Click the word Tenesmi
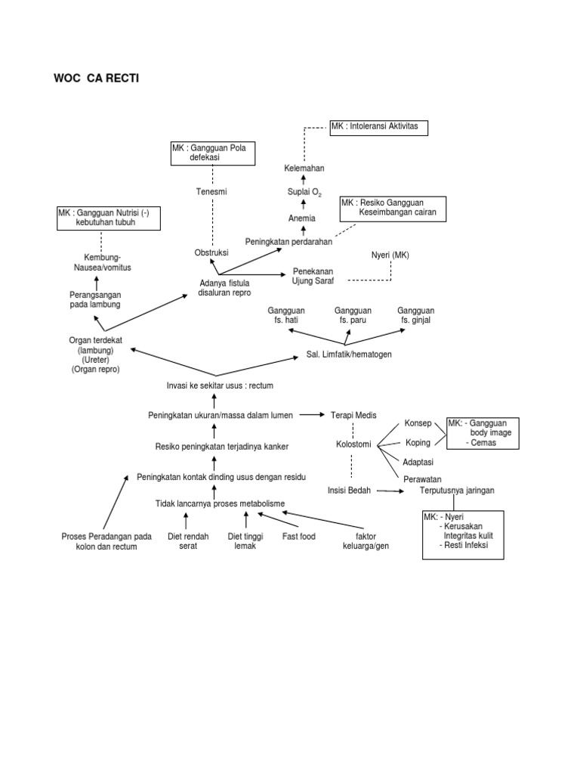(x=211, y=192)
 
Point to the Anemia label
(x=302, y=218)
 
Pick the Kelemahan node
(x=304, y=167)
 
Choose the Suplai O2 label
(x=304, y=193)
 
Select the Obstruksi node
(x=211, y=252)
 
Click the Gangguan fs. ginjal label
(x=416, y=315)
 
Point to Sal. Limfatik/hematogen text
(x=349, y=354)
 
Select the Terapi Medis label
(x=353, y=415)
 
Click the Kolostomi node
(x=353, y=444)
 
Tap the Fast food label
(x=299, y=536)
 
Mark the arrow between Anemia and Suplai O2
(x=304, y=206)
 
